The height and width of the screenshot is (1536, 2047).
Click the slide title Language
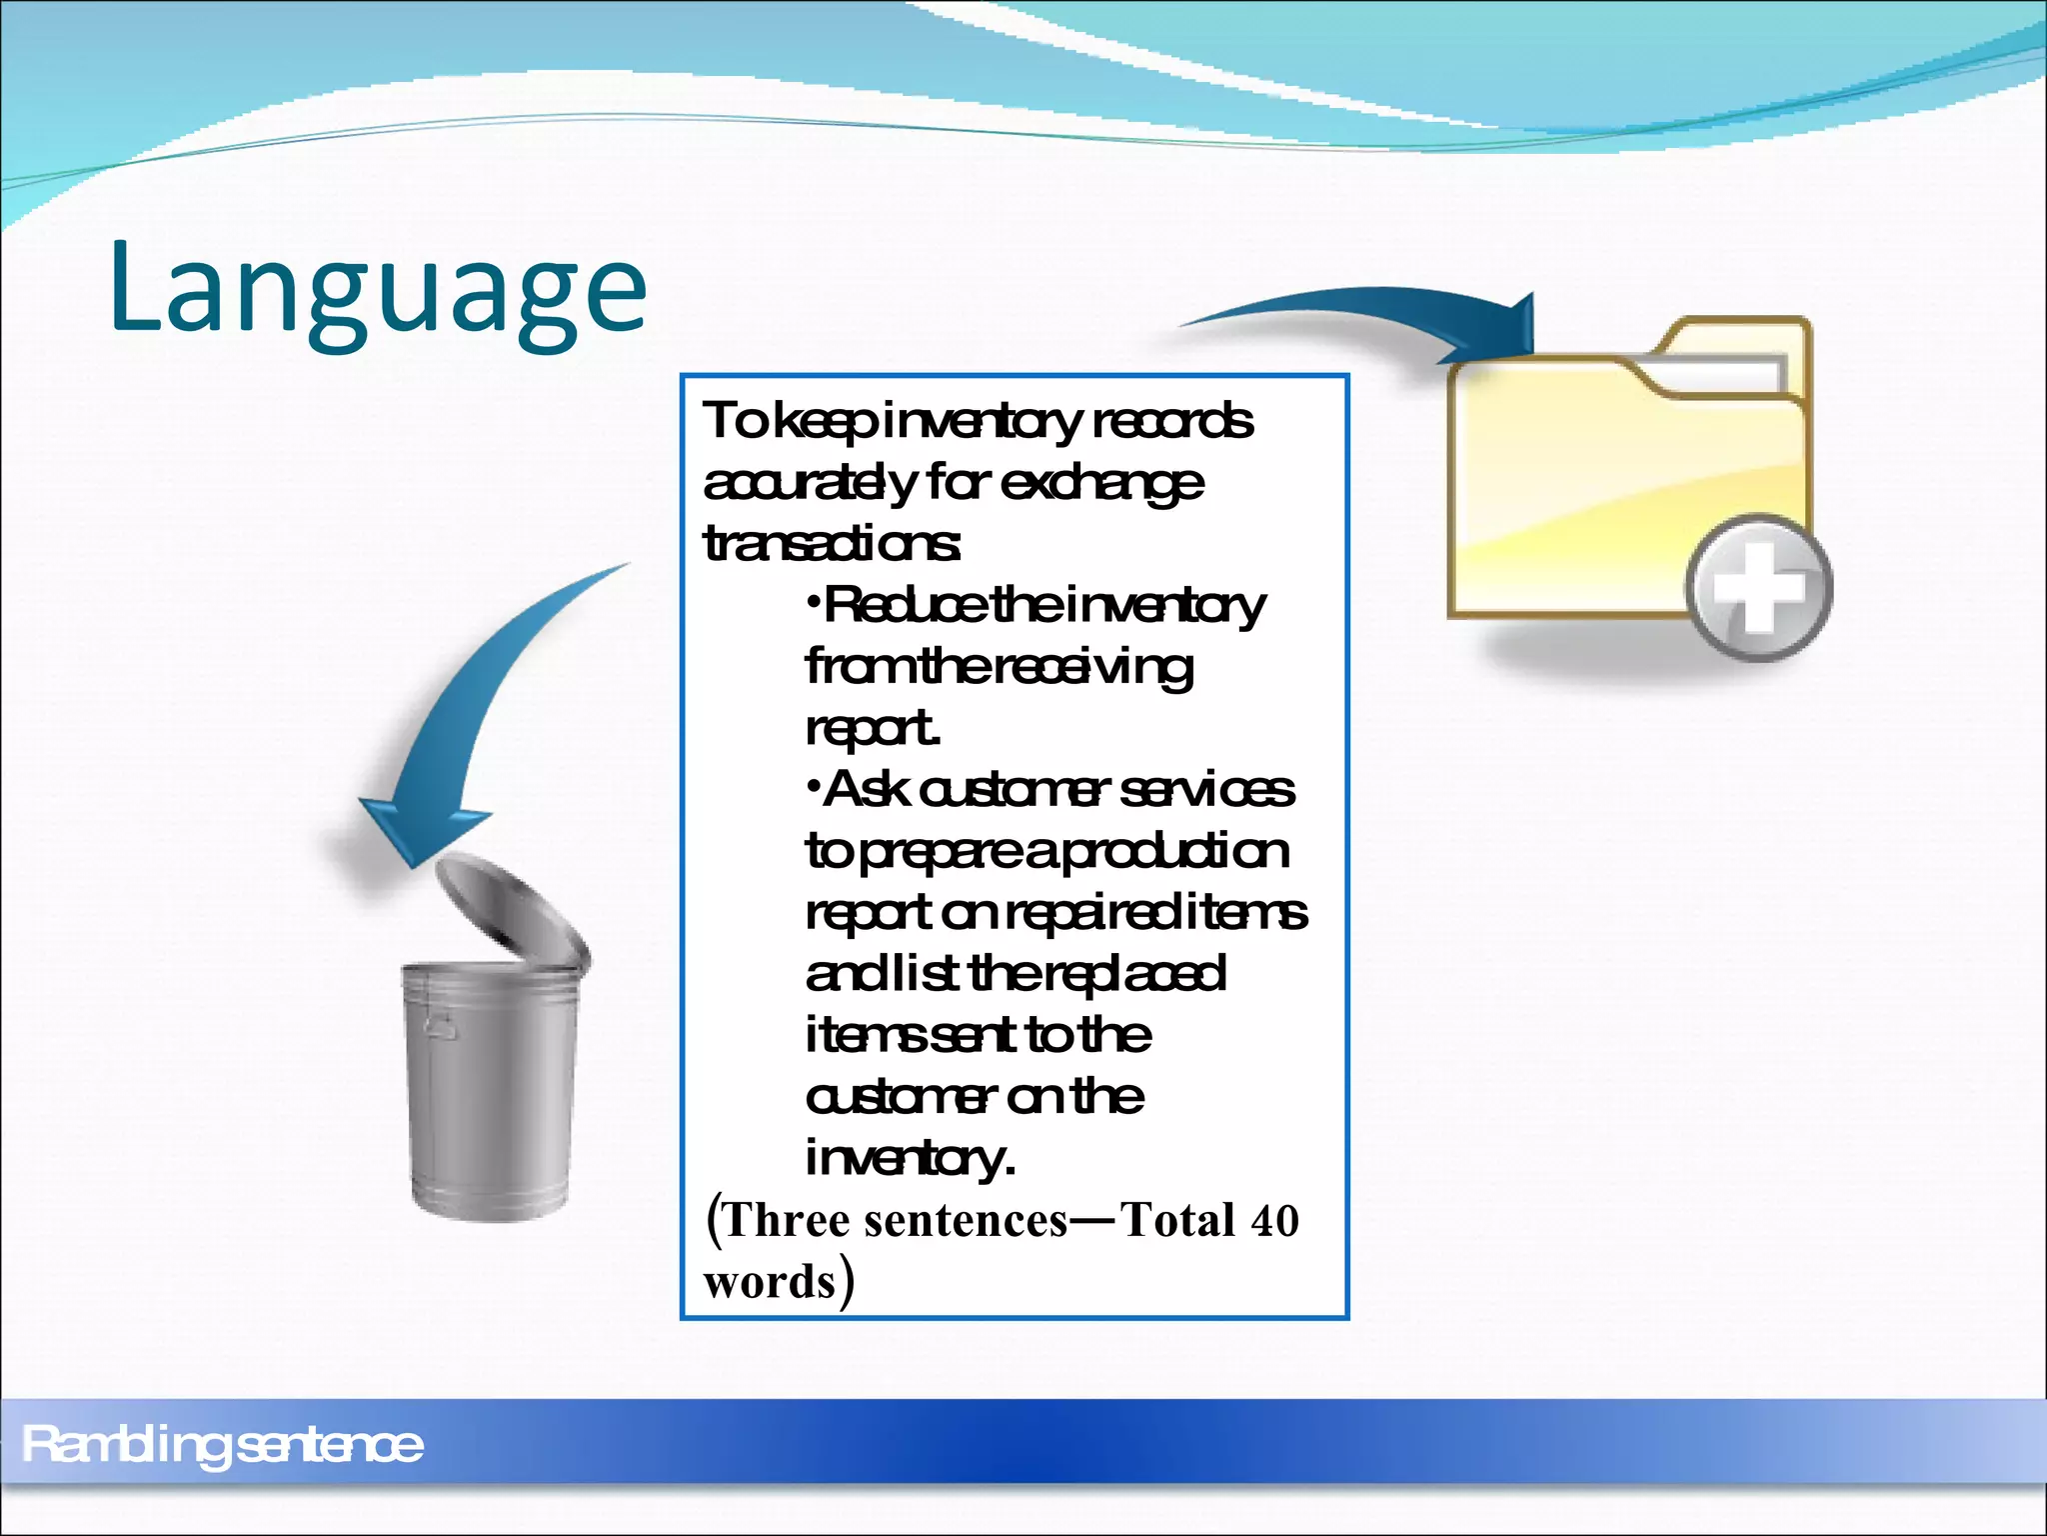click(378, 290)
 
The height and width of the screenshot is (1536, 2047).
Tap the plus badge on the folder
click(1759, 588)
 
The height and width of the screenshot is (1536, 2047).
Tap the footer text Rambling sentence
click(222, 1445)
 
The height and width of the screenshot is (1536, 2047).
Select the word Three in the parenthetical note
click(788, 1221)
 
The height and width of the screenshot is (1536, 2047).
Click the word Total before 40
click(1177, 1221)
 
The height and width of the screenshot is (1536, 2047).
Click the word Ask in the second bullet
click(866, 790)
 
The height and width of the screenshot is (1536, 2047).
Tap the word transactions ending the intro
click(832, 545)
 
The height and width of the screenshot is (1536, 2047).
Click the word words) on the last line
click(778, 1282)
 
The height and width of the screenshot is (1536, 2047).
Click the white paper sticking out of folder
click(1719, 375)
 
